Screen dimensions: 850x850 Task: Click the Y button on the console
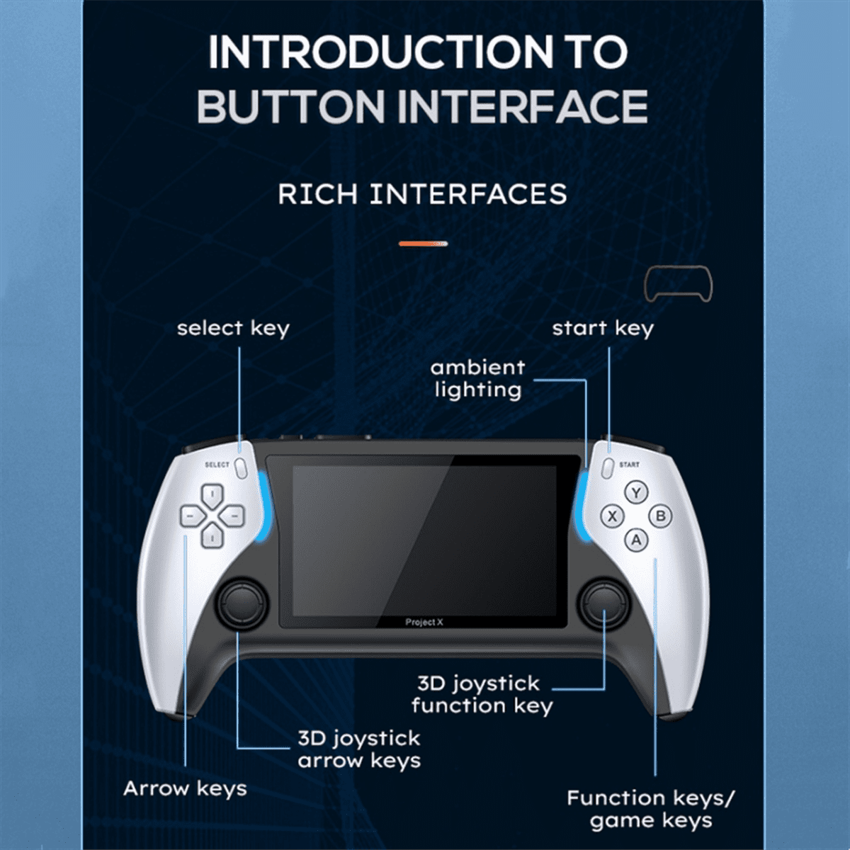pyautogui.click(x=636, y=492)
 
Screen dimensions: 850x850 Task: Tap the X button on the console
pyautogui.click(x=612, y=516)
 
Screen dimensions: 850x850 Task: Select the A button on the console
pyautogui.click(x=636, y=540)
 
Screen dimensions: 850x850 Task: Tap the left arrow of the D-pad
pyautogui.click(x=191, y=516)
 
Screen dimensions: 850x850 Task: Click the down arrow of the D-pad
pyautogui.click(x=212, y=536)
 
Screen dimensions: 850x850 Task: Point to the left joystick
pyautogui.click(x=242, y=602)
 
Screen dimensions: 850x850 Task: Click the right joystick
pyautogui.click(x=604, y=602)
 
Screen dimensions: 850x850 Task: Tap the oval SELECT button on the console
pyautogui.click(x=241, y=468)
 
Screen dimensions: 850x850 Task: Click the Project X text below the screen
pyautogui.click(x=424, y=623)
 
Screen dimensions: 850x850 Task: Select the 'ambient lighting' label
pyautogui.click(x=477, y=379)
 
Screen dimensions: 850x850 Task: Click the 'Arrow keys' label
pyautogui.click(x=185, y=789)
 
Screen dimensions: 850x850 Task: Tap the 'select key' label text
pyautogui.click(x=233, y=329)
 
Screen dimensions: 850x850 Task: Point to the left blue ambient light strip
pyautogui.click(x=265, y=507)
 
